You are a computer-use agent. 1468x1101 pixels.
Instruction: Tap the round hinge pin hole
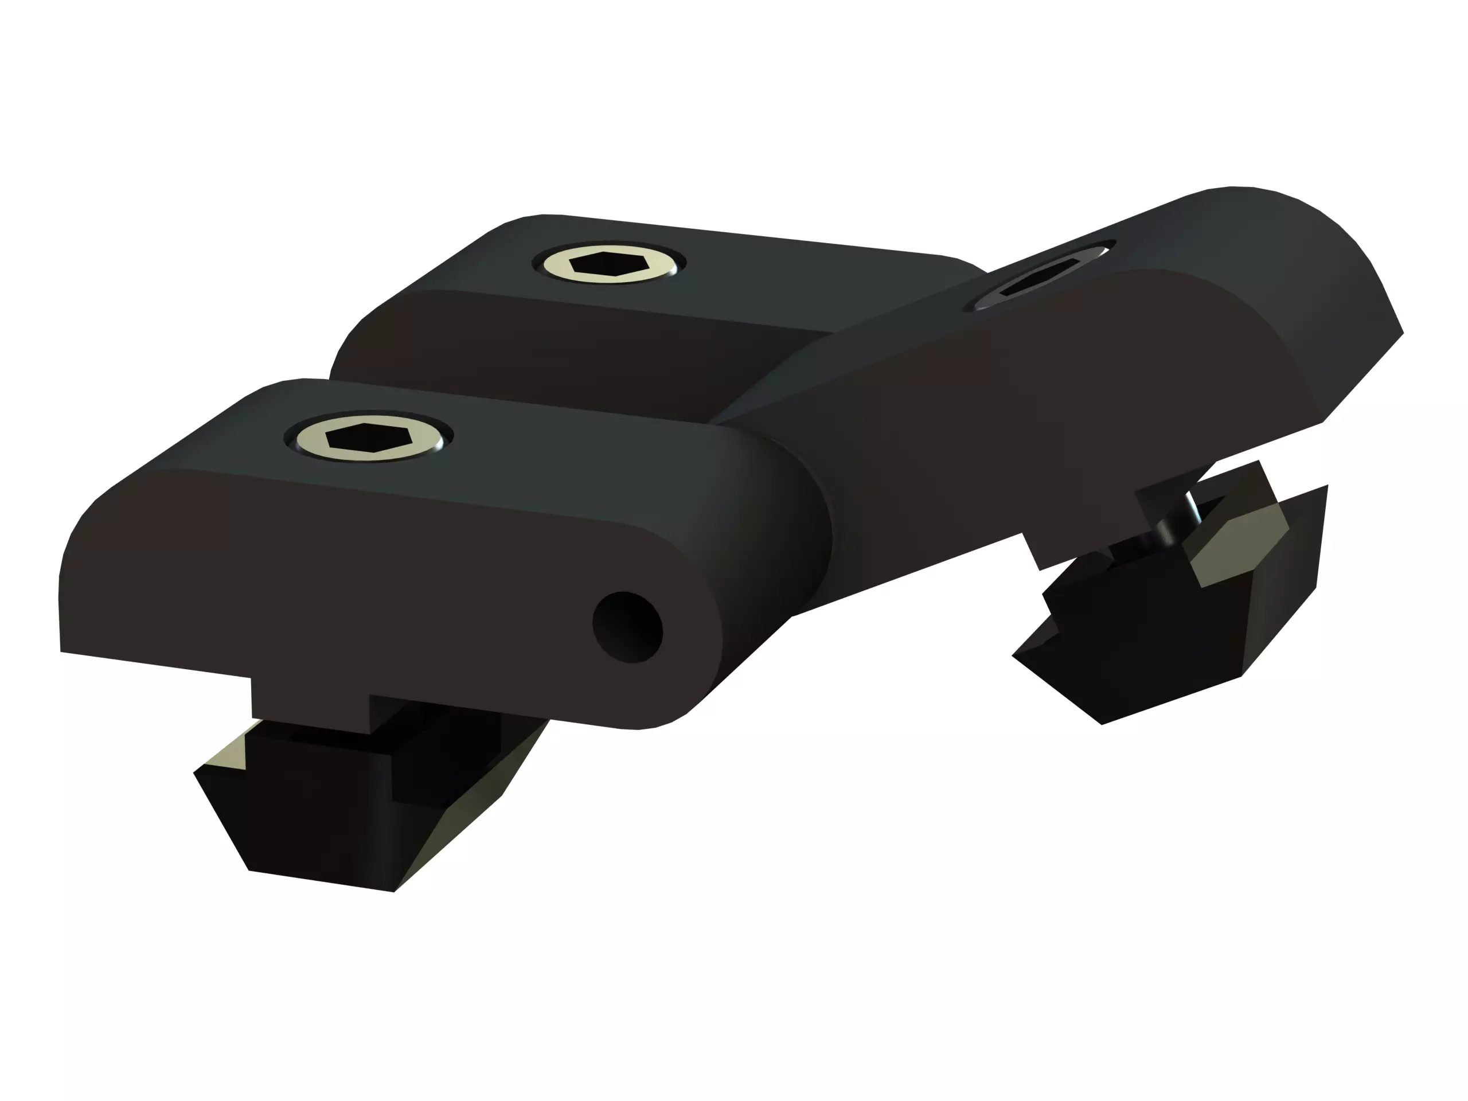(627, 627)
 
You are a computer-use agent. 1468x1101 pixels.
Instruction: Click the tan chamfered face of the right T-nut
(1237, 548)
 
